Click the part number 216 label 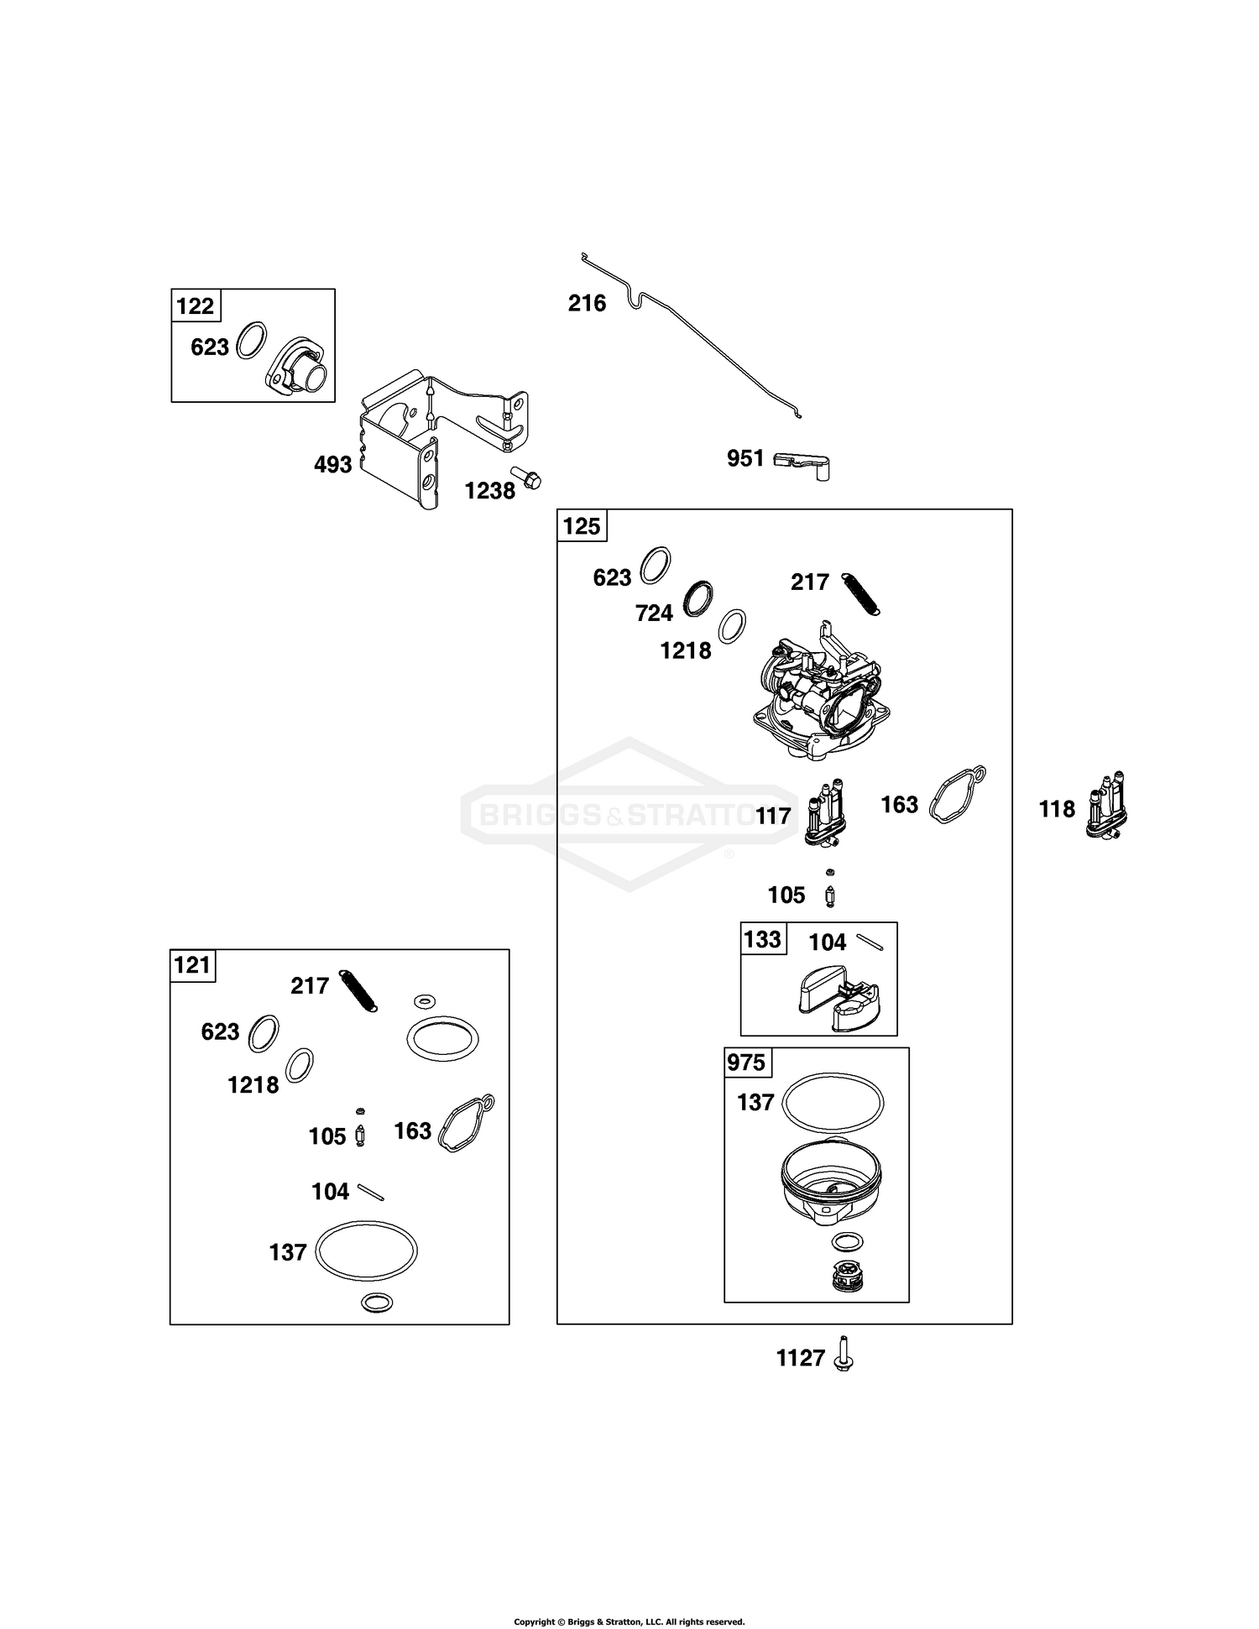587,303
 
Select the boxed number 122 196,306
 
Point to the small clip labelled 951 802,463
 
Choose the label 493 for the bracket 332,464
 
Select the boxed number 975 746,1063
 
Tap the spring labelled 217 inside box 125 860,594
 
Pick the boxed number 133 762,939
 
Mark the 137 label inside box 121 288,1253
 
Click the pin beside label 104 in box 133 869,943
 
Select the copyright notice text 629,1598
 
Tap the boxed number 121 192,965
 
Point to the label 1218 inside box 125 686,650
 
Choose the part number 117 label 773,816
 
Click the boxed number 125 582,526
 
